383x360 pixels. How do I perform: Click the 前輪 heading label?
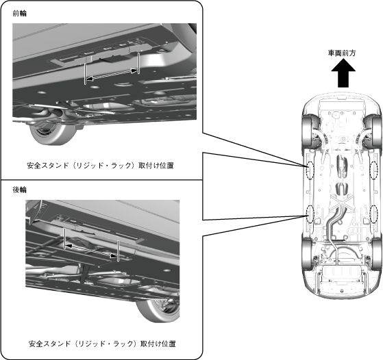coord(20,14)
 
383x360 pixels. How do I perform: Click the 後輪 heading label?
coord(20,190)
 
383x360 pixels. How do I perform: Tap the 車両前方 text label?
coord(342,53)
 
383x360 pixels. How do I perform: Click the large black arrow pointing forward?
coord(343,74)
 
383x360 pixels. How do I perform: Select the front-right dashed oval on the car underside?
coord(374,170)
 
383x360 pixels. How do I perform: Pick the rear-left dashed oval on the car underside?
coord(310,214)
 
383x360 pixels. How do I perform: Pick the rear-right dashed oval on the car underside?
coord(374,214)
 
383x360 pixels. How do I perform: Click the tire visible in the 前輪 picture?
coord(53,133)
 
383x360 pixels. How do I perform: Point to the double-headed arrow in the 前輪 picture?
coord(112,75)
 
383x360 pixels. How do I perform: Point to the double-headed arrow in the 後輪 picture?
coord(91,250)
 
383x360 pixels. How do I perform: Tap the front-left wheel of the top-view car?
coord(308,131)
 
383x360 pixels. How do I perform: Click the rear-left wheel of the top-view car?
coord(308,255)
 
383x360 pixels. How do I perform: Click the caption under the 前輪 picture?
coord(101,166)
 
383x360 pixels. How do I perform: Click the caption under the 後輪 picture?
coord(102,344)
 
